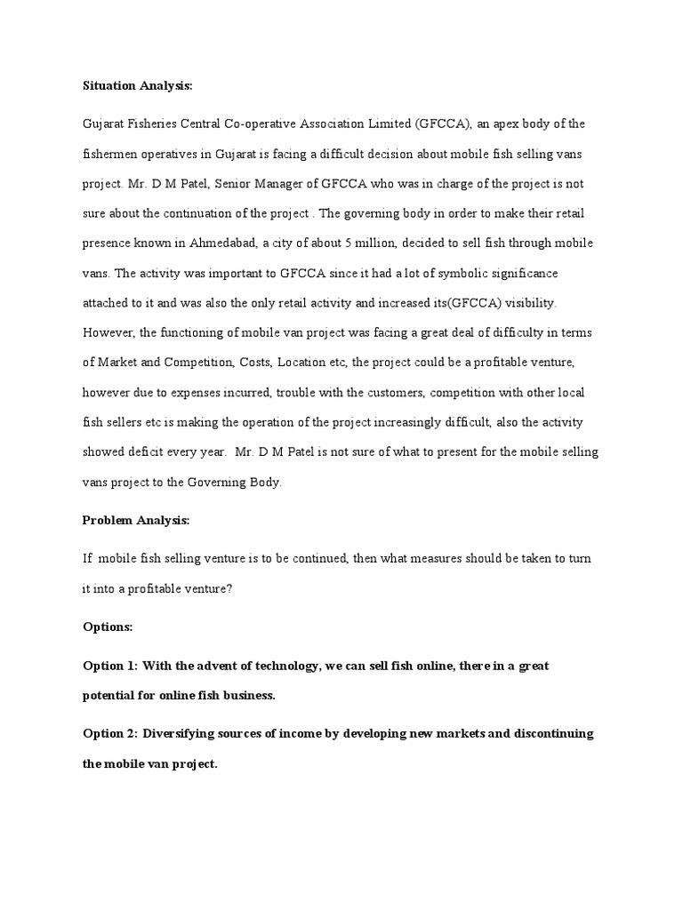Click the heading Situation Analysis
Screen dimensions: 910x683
click(137, 86)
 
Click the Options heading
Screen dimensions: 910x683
click(108, 627)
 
